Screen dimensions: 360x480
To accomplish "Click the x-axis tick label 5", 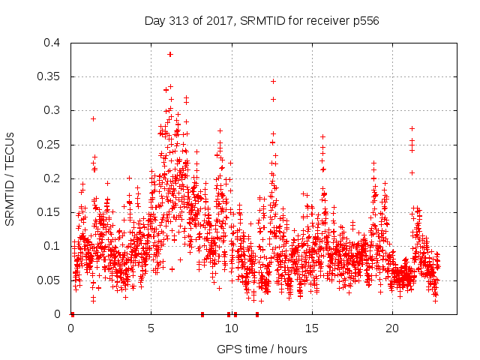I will click(151, 328).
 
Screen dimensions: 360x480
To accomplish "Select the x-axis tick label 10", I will click(232, 328).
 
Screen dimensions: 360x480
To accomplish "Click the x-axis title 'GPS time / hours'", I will click(262, 349).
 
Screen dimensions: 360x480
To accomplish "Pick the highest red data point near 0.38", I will click(170, 54).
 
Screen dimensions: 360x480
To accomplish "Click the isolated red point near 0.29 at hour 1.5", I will click(94, 118).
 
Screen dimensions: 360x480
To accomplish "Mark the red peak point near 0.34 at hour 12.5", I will click(273, 81).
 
